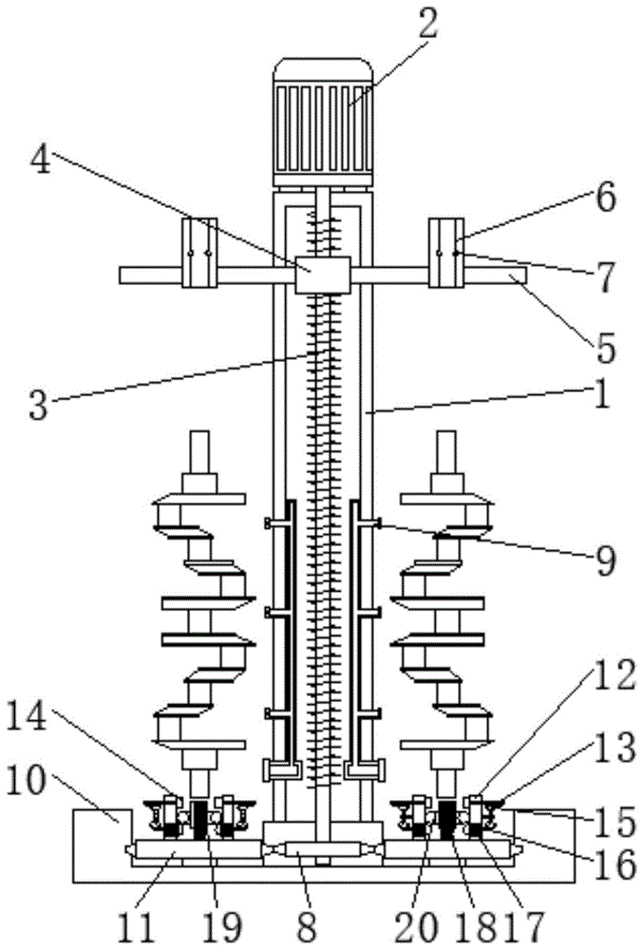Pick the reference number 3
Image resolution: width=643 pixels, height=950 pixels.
click(38, 405)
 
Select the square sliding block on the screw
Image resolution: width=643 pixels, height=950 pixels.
click(322, 275)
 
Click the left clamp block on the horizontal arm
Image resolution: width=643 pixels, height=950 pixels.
click(199, 252)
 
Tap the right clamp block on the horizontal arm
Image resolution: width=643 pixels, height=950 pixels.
click(446, 252)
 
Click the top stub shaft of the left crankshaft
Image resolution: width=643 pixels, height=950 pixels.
click(199, 453)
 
